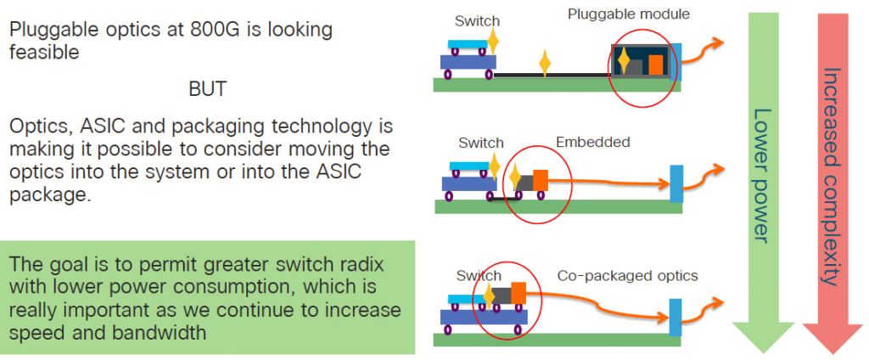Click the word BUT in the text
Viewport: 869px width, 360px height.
tap(209, 88)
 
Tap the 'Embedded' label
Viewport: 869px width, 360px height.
tap(593, 142)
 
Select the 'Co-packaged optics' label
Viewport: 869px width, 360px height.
tap(627, 276)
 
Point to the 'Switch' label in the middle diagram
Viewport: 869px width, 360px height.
tap(481, 143)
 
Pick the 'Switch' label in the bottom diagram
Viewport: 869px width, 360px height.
tap(479, 276)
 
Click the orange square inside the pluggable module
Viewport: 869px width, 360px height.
tap(656, 65)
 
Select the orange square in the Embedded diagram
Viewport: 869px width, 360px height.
tap(540, 179)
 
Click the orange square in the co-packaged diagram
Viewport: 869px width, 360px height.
tap(518, 293)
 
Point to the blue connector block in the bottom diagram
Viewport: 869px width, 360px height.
tap(676, 317)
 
